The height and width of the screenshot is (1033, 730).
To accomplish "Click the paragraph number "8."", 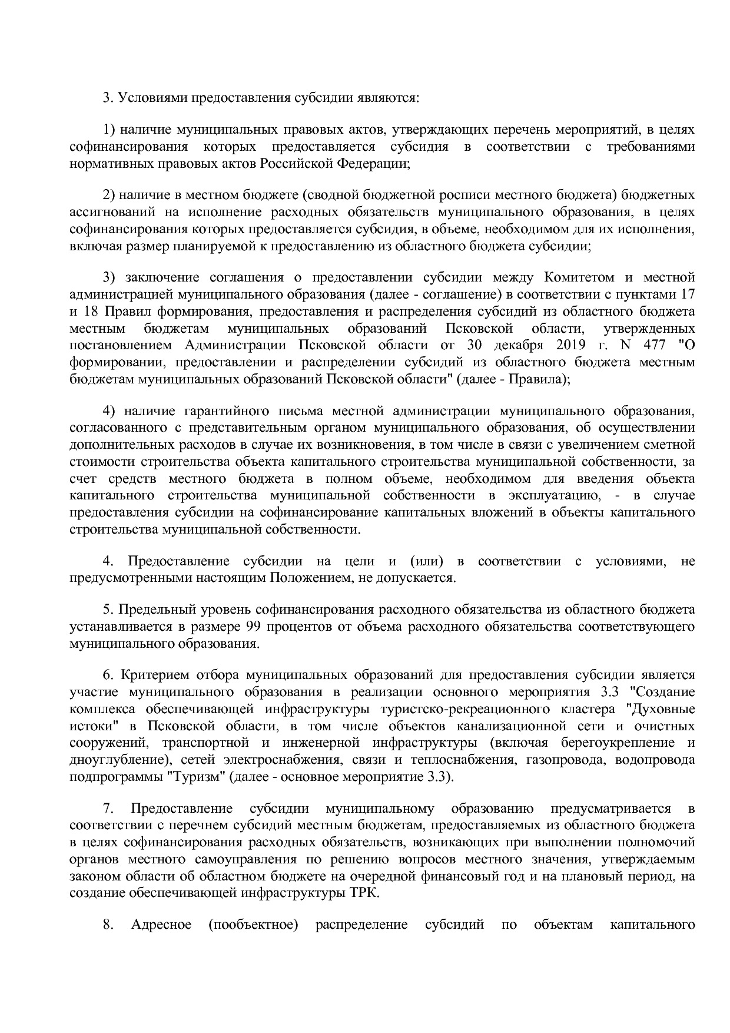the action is [108, 924].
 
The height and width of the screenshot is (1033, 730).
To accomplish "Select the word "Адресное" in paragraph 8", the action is [161, 924].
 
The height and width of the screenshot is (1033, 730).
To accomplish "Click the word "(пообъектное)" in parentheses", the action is [253, 924].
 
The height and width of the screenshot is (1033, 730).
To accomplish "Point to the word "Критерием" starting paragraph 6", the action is [150, 675].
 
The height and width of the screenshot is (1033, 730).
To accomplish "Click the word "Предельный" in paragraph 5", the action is [155, 609].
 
